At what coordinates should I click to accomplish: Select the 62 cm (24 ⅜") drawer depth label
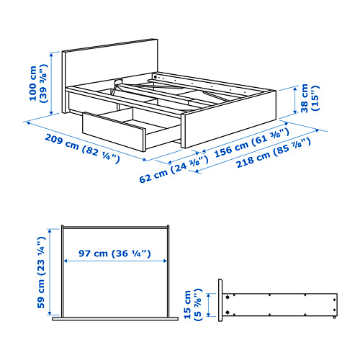pyautogui.click(x=169, y=171)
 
